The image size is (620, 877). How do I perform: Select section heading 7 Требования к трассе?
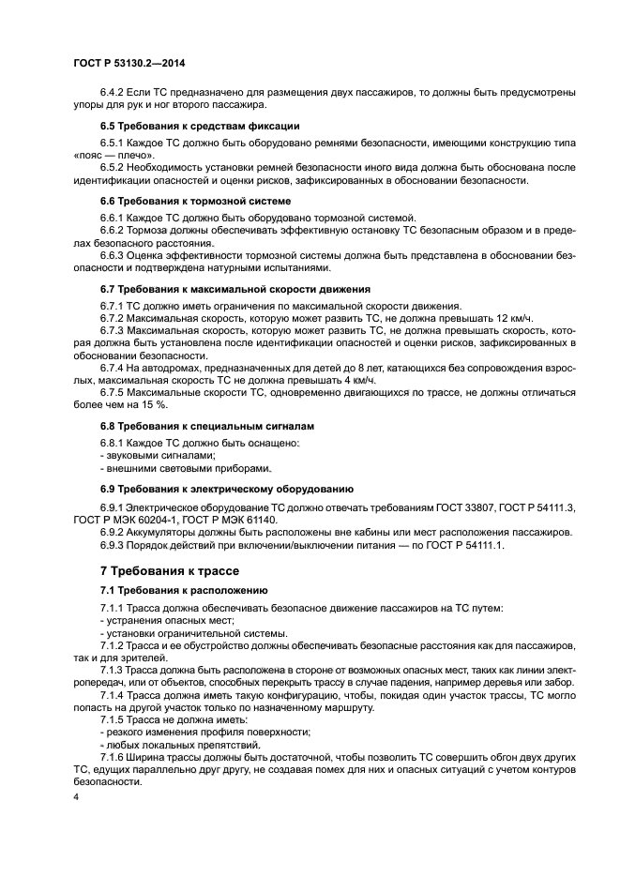(x=170, y=571)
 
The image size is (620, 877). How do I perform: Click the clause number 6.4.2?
(x=116, y=91)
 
